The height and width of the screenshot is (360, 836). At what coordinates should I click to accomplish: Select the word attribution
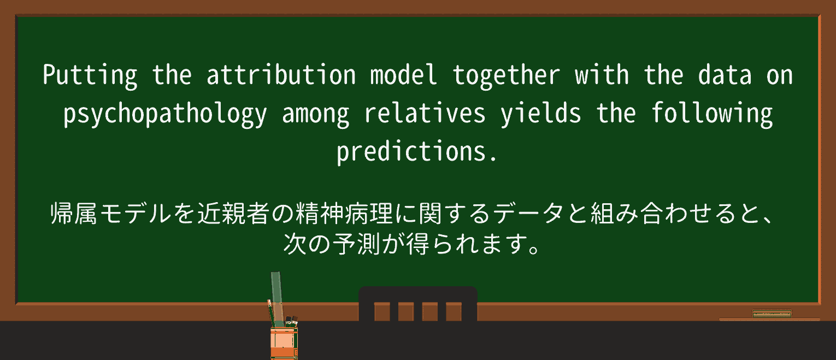click(x=281, y=75)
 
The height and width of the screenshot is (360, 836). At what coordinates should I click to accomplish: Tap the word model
click(x=404, y=75)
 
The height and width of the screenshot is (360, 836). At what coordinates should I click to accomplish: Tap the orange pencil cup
click(x=284, y=341)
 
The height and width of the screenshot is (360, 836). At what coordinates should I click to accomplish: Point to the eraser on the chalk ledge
click(x=772, y=314)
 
